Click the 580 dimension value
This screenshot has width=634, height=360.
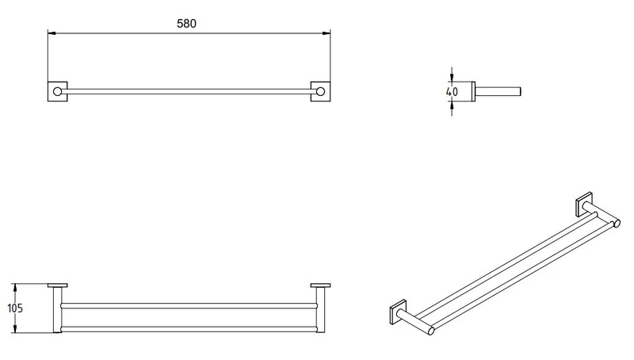(187, 24)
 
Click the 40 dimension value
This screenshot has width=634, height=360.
(453, 92)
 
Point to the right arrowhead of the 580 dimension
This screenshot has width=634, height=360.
(327, 33)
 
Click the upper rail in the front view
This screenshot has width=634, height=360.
(189, 305)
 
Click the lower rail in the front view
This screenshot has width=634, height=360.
(189, 326)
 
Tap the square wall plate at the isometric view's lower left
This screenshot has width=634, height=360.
(397, 310)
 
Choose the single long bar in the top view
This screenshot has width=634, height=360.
(189, 90)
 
